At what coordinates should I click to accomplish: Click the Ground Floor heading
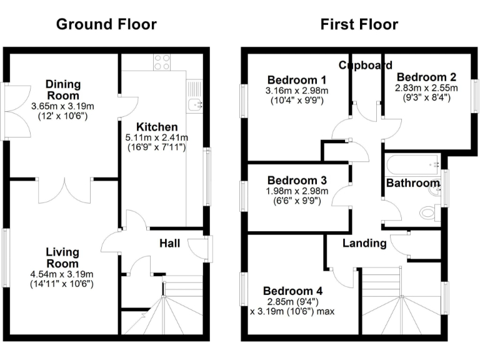tap(106, 25)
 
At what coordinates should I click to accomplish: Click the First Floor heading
tap(359, 25)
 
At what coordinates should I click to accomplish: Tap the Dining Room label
tap(62, 90)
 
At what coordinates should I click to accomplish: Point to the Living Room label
tap(62, 257)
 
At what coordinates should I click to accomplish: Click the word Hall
tap(170, 242)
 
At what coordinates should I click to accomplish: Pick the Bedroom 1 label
tap(297, 80)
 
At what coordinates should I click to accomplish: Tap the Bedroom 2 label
tap(426, 77)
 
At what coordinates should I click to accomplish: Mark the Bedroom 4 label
tap(293, 291)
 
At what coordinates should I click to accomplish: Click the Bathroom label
tap(412, 183)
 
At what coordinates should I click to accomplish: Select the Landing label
tap(364, 243)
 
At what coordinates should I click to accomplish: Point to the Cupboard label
tap(366, 65)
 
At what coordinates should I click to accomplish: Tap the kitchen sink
tap(195, 104)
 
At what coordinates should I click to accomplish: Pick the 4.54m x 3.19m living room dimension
tap(62, 274)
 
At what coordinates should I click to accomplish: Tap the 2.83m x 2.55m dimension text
tap(426, 88)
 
